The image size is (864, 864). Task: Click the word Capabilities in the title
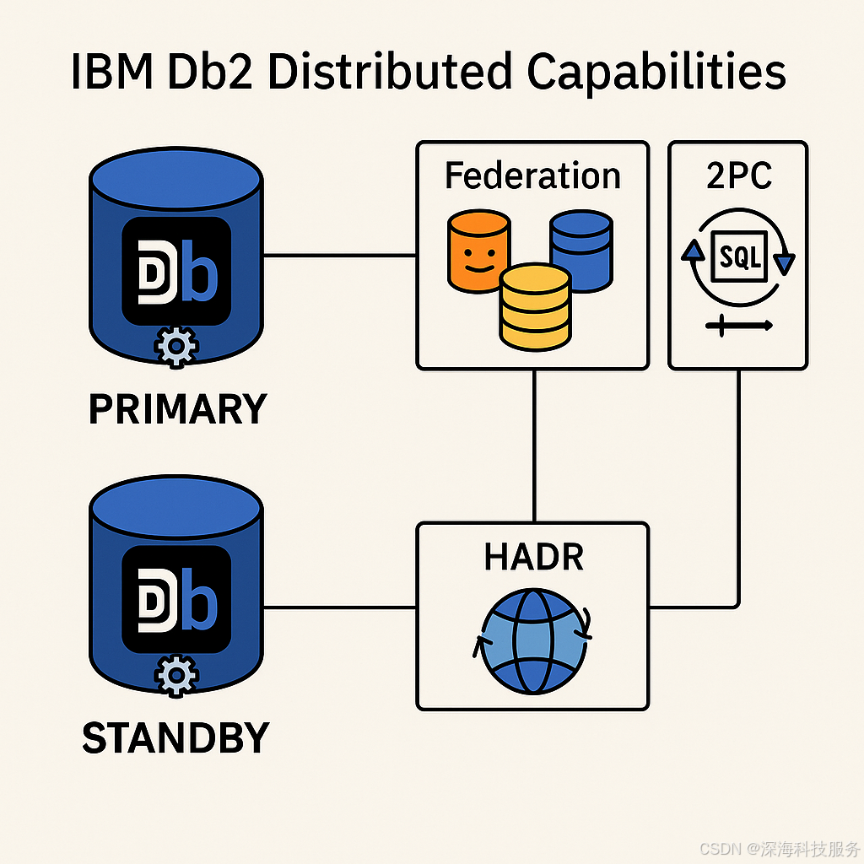(656, 74)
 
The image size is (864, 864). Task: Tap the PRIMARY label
(177, 409)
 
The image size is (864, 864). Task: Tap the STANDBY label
(175, 738)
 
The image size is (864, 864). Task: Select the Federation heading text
(532, 176)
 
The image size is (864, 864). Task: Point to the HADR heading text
(533, 558)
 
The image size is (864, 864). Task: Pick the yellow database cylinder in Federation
(534, 305)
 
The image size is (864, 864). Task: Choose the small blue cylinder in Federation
(581, 248)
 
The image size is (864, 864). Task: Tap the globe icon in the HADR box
(532, 641)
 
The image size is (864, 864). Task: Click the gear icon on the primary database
(175, 347)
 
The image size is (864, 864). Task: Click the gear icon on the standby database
(175, 674)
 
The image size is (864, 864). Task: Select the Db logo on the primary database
(176, 271)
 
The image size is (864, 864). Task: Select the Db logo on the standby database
(176, 600)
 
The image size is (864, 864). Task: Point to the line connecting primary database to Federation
(340, 255)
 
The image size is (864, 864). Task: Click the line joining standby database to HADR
(340, 606)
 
